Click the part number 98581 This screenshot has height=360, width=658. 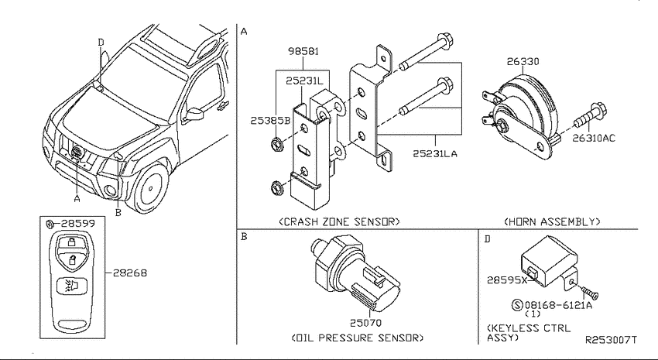pyautogui.click(x=303, y=51)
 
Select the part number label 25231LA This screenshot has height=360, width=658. pyautogui.click(x=435, y=154)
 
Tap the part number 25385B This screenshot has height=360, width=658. pyautogui.click(x=271, y=121)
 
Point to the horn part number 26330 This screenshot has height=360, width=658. pyautogui.click(x=523, y=61)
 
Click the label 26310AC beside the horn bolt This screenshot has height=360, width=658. pyautogui.click(x=594, y=138)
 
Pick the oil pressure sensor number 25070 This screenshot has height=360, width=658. pyautogui.click(x=366, y=323)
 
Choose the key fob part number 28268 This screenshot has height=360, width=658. pyautogui.click(x=131, y=273)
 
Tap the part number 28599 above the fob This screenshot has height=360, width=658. pyautogui.click(x=78, y=223)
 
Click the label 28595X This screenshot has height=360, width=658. pyautogui.click(x=507, y=279)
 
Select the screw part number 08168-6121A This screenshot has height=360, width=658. pyautogui.click(x=558, y=305)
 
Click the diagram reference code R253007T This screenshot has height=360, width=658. pyautogui.click(x=611, y=339)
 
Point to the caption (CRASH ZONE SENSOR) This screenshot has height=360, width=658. pyautogui.click(x=339, y=221)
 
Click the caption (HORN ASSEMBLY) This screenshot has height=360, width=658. pyautogui.click(x=552, y=221)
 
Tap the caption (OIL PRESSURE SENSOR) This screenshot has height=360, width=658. pyautogui.click(x=358, y=338)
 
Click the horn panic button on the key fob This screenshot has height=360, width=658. pyautogui.click(x=72, y=286)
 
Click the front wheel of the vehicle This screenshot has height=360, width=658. pyautogui.click(x=150, y=188)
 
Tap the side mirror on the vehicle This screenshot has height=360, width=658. pyautogui.click(x=194, y=114)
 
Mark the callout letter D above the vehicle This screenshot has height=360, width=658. pyautogui.click(x=101, y=43)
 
